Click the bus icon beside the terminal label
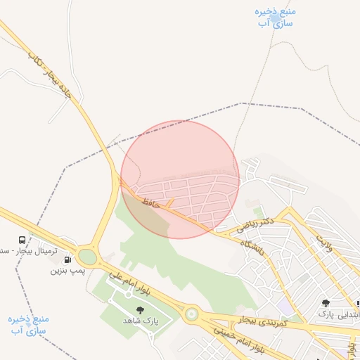[x=22, y=240]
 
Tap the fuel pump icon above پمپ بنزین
[x=67, y=259]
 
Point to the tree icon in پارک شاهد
[x=139, y=309]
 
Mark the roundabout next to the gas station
[x=88, y=256]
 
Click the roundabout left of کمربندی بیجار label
[x=191, y=314]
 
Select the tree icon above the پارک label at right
[x=326, y=303]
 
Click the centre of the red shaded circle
[x=180, y=179]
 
